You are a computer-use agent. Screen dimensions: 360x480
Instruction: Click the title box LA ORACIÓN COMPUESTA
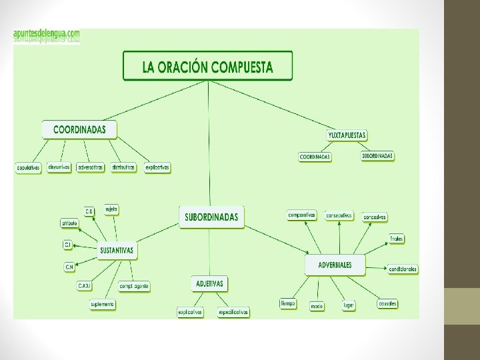[207, 67]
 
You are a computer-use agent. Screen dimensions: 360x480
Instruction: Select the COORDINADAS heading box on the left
[79, 129]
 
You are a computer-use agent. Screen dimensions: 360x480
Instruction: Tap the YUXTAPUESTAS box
[347, 135]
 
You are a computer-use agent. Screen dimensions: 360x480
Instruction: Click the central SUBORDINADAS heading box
[211, 217]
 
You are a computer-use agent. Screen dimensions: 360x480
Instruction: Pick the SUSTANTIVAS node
[117, 251]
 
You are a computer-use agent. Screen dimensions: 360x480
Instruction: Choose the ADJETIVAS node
[209, 283]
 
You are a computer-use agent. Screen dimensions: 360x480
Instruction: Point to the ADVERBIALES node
[335, 265]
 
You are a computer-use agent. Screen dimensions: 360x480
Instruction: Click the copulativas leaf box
[29, 168]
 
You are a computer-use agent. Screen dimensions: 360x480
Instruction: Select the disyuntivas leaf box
[59, 167]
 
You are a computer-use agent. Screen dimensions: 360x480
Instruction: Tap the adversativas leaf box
[91, 167]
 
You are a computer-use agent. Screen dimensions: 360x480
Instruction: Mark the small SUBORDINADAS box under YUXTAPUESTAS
[377, 156]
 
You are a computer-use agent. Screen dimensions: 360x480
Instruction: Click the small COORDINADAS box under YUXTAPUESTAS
[315, 157]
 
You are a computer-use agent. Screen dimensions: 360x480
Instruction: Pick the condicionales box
[403, 269]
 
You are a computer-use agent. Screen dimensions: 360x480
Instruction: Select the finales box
[397, 238]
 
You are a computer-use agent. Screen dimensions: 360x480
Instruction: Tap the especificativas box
[233, 312]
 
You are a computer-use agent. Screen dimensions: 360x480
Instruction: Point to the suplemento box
[103, 304]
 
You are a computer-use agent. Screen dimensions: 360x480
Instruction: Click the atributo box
[69, 223]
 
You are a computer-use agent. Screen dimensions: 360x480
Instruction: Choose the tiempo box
[288, 303]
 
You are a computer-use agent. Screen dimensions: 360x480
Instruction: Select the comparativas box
[302, 215]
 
